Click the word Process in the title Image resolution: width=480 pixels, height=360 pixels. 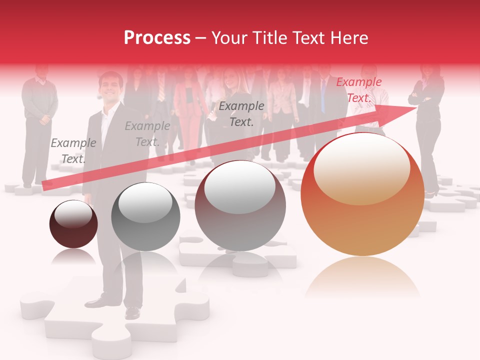coord(157,38)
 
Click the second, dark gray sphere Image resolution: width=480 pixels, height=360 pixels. coord(145,217)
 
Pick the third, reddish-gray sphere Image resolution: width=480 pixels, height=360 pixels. coord(240,206)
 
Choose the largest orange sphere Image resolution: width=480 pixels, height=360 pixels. coord(362,195)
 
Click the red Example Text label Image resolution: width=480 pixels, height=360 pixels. coord(358,90)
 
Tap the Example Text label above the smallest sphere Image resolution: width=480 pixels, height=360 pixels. coord(73,150)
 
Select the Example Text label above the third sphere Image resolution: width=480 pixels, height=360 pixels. coord(241,113)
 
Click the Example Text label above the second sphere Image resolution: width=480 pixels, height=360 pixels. coord(147,133)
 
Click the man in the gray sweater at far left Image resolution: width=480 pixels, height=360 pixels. coord(39,120)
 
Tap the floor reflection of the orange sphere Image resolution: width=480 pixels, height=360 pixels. coord(362,277)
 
